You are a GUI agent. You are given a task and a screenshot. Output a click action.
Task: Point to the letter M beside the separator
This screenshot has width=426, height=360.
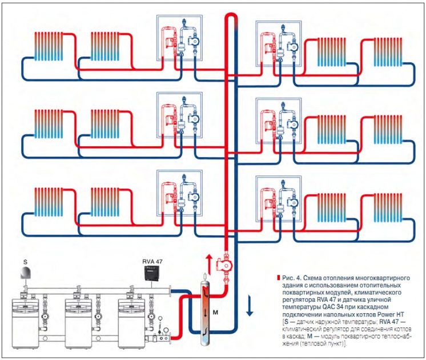pos(215,313)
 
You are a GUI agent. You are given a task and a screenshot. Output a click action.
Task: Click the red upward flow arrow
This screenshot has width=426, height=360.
pos(209,264)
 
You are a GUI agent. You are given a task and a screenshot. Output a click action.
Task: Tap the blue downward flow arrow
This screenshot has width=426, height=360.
pos(250,308)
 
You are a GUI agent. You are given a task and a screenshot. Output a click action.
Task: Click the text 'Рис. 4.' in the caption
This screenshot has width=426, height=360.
pos(291,277)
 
